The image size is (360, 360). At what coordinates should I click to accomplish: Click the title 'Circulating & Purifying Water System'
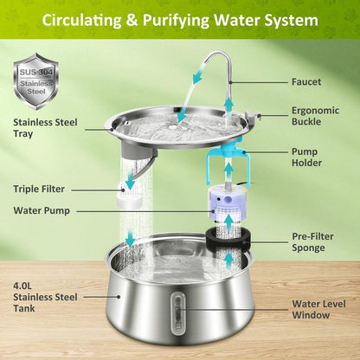[x=180, y=19]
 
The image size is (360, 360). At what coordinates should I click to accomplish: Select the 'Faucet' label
[x=306, y=83]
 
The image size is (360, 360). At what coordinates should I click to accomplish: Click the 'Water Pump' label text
[x=43, y=210]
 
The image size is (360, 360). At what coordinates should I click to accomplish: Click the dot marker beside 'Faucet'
[x=281, y=83]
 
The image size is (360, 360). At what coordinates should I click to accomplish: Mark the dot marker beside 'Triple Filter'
[x=82, y=188]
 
